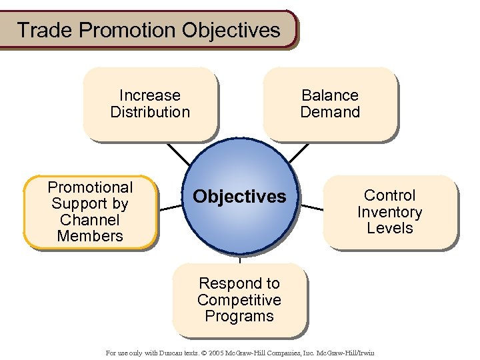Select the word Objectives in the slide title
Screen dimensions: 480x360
pyautogui.click(x=231, y=30)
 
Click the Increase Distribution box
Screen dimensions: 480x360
pyautogui.click(x=150, y=104)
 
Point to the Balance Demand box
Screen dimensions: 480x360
pyautogui.click(x=329, y=104)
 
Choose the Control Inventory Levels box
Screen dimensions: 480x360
pyautogui.click(x=390, y=212)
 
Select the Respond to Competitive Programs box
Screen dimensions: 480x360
pyautogui.click(x=239, y=300)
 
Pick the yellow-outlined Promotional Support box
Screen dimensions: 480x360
pyautogui.click(x=90, y=212)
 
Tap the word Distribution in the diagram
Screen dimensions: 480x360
pyautogui.click(x=150, y=112)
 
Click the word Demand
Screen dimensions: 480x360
pyautogui.click(x=330, y=112)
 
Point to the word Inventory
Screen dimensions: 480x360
pyautogui.click(x=390, y=212)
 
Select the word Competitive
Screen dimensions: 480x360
pyautogui.click(x=239, y=300)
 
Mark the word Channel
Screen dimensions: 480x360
pyautogui.click(x=90, y=220)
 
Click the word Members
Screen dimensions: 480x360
pyautogui.click(x=90, y=236)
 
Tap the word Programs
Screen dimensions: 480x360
pyautogui.click(x=239, y=316)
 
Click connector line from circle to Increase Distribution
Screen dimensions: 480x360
pyautogui.click(x=179, y=155)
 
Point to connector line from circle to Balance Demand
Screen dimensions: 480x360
pyautogui.click(x=299, y=153)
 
